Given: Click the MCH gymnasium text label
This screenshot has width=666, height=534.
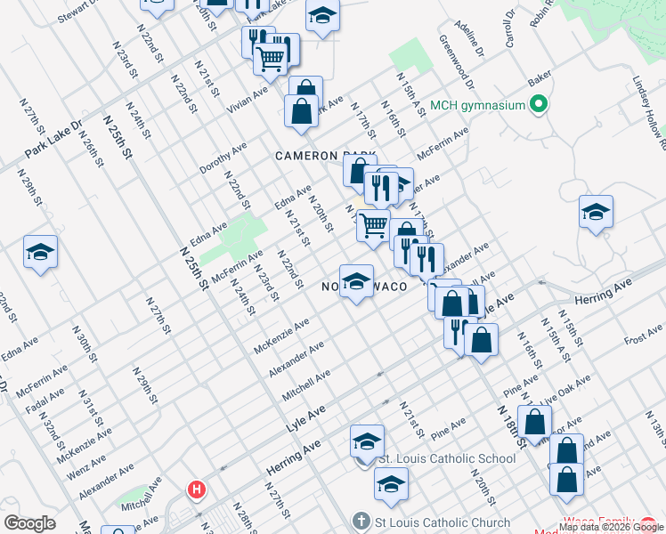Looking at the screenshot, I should pyautogui.click(x=477, y=106).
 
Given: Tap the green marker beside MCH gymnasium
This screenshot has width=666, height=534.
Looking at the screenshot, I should pyautogui.click(x=538, y=106).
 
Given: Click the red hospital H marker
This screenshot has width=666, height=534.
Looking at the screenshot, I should pyautogui.click(x=196, y=489).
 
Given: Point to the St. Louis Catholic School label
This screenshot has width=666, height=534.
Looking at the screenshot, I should pyautogui.click(x=448, y=459).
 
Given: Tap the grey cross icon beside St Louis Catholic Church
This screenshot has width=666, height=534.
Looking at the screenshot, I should pyautogui.click(x=361, y=521).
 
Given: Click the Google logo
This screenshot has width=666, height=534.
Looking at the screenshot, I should pyautogui.click(x=29, y=523).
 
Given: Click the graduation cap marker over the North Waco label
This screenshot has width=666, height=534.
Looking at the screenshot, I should pyautogui.click(x=356, y=280).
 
